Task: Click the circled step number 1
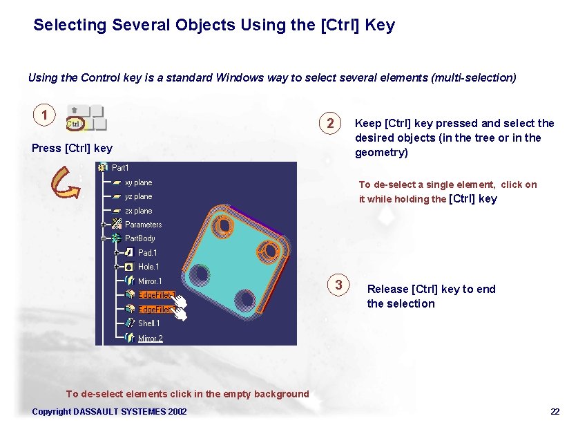tap(44, 115)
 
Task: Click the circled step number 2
tap(331, 124)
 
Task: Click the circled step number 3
tap(338, 285)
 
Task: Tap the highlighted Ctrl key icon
tap(75, 124)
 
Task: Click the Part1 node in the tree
tap(119, 168)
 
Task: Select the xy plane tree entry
tap(138, 182)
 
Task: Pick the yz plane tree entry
tap(138, 196)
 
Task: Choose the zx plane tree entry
tap(138, 211)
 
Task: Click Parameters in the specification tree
tap(143, 225)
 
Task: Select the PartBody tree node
tap(139, 238)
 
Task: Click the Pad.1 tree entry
tap(147, 253)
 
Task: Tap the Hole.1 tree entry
tap(148, 267)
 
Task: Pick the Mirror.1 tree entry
tap(150, 281)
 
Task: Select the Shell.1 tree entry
tap(148, 323)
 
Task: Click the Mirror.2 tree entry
tap(150, 338)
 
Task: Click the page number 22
tap(555, 412)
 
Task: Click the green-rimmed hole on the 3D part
tap(201, 276)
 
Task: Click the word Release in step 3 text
tap(387, 289)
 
